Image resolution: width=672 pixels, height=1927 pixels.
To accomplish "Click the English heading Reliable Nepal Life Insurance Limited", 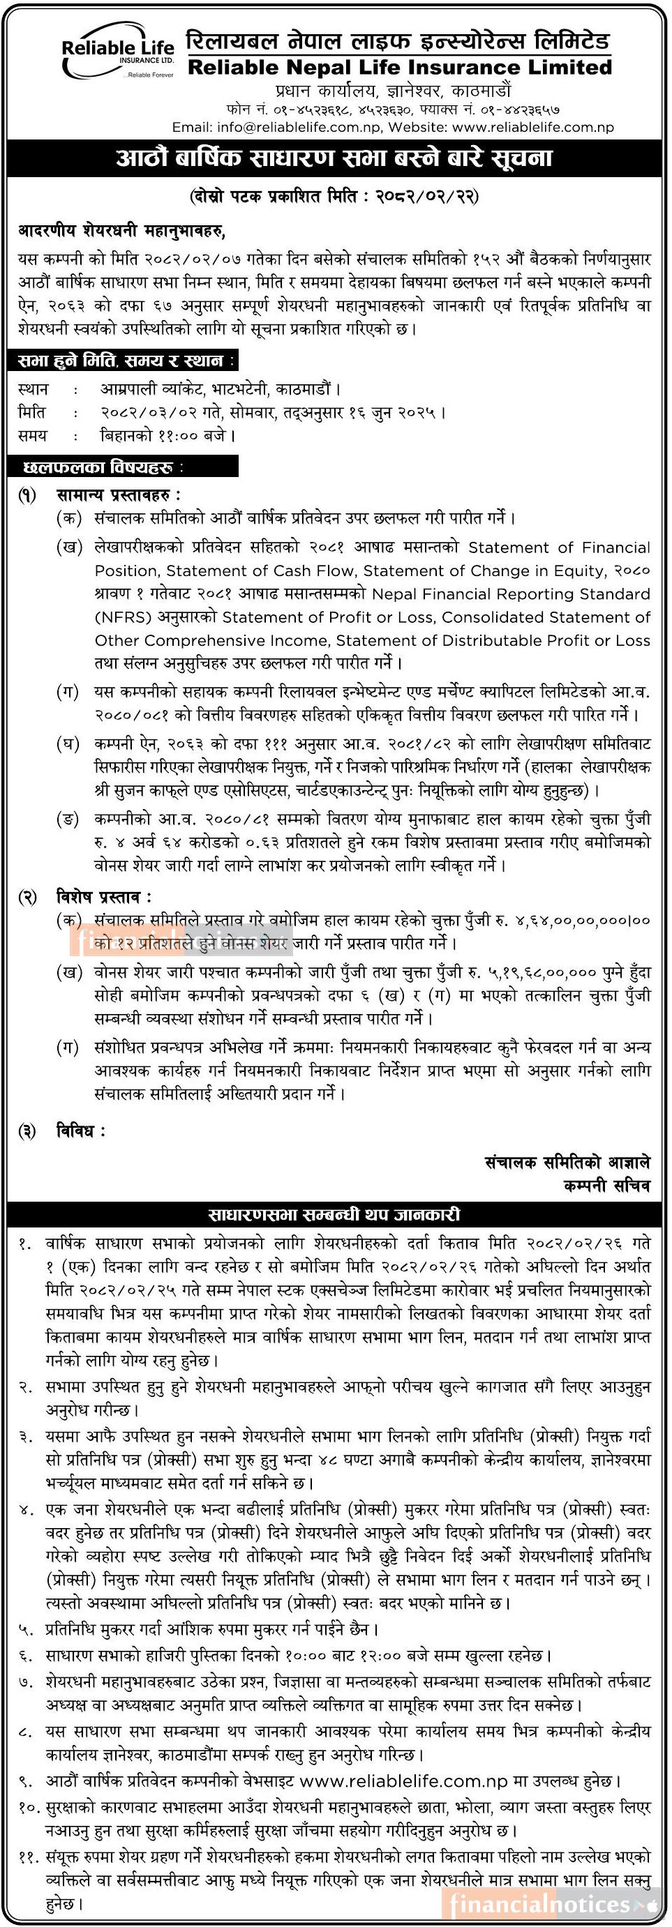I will pyautogui.click(x=400, y=68).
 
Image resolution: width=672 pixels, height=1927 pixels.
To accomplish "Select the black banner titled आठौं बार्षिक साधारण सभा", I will pyautogui.click(x=334, y=158).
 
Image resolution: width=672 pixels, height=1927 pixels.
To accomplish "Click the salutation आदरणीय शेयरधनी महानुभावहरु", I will pyautogui.click(x=121, y=231).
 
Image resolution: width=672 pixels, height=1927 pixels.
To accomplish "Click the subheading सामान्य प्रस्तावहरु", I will pyautogui.click(x=118, y=495).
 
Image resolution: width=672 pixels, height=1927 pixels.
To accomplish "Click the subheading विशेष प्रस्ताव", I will pyautogui.click(x=104, y=897).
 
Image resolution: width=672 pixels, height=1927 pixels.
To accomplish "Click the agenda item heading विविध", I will pyautogui.click(x=81, y=1131).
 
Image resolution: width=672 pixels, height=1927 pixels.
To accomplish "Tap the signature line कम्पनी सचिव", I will pyautogui.click(x=607, y=1186).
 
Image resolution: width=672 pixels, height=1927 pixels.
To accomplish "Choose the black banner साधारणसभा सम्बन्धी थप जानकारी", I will pyautogui.click(x=334, y=1215).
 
